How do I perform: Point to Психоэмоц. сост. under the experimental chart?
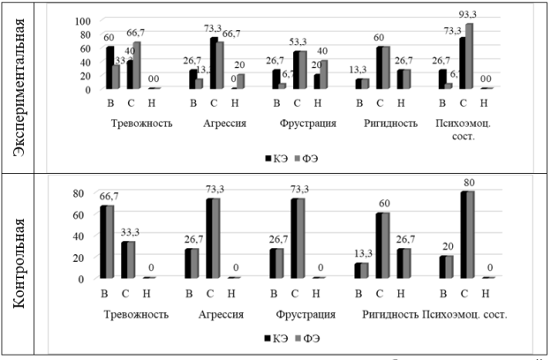click(472, 129)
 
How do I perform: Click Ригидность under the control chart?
click(390, 315)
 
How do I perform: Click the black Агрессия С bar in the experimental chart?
click(214, 64)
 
